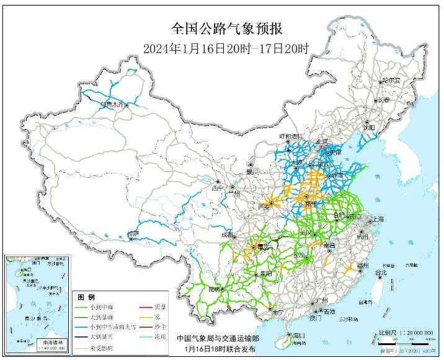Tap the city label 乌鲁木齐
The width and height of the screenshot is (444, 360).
pos(114,105)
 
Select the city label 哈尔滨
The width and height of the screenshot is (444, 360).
pos(391,81)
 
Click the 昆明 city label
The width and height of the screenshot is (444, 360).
pos(215,289)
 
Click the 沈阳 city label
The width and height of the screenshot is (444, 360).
pos(370,128)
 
